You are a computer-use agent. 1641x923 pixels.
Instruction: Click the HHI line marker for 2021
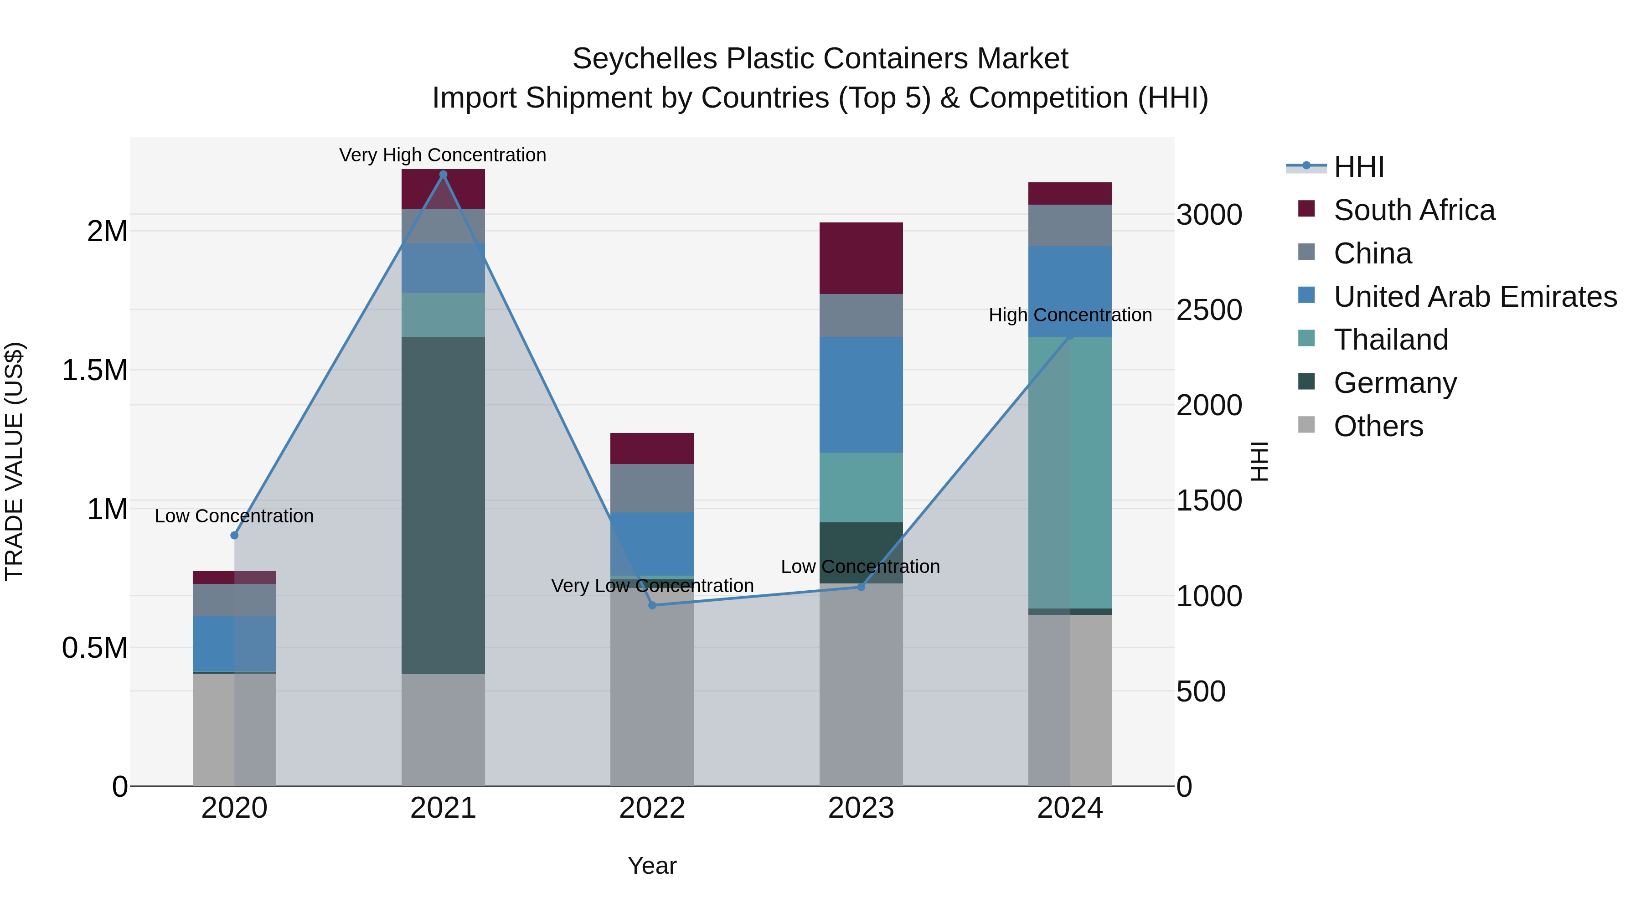tap(444, 175)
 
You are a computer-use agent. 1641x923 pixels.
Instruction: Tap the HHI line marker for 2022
tap(652, 605)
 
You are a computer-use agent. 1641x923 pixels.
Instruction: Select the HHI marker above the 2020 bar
tap(234, 536)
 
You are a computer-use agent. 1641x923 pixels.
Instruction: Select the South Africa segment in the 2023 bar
tap(861, 258)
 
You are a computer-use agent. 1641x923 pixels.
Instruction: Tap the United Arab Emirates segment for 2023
tap(861, 394)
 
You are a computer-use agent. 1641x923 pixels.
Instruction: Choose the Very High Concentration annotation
tap(443, 155)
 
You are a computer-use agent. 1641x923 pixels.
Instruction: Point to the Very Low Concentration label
tap(652, 585)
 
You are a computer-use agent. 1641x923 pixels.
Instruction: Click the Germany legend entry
tap(1395, 382)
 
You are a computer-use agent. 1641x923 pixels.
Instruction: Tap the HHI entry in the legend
tap(1358, 167)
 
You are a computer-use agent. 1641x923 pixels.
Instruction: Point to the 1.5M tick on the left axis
tap(94, 370)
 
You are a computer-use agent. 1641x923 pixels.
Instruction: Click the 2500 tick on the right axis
tap(1208, 310)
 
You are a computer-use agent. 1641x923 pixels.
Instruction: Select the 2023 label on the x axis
tap(861, 808)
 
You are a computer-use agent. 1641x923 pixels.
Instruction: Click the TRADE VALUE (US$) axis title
tap(14, 461)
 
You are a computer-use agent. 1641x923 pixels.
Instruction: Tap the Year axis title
tap(652, 866)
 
